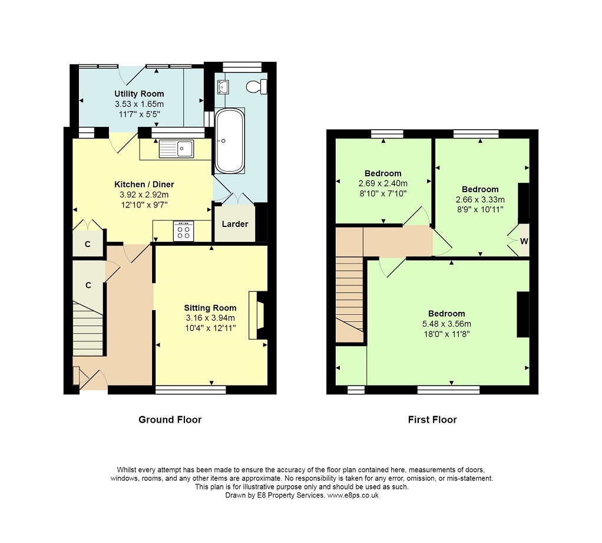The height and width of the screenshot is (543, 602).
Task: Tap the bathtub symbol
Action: click(x=230, y=141)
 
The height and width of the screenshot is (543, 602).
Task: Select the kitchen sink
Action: click(x=176, y=149)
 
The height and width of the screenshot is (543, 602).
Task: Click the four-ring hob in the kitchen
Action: click(x=184, y=231)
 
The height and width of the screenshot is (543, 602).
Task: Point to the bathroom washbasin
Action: click(x=223, y=87)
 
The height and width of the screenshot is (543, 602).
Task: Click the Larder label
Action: click(x=235, y=223)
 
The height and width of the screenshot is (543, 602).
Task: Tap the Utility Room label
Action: click(x=139, y=94)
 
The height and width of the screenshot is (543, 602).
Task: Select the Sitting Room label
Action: click(x=210, y=308)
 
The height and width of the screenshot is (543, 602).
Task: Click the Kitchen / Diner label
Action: click(x=144, y=185)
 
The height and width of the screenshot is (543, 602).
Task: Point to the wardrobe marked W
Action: click(x=524, y=241)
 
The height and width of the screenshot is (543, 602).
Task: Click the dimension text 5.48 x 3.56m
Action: click(x=446, y=324)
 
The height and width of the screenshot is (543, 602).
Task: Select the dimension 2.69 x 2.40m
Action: click(x=383, y=184)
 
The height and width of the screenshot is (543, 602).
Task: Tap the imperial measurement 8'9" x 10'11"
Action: click(x=480, y=210)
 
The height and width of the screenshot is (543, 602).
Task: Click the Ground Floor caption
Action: click(x=170, y=420)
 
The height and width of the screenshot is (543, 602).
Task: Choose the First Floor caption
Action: click(x=432, y=420)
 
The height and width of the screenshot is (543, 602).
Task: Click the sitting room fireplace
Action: click(x=257, y=315)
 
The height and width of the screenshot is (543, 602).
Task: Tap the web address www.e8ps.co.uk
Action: click(x=353, y=495)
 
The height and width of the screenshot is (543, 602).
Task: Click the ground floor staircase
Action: click(x=88, y=328)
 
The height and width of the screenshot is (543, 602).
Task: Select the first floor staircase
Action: click(x=349, y=299)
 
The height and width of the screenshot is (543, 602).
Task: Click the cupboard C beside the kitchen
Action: click(x=88, y=243)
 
